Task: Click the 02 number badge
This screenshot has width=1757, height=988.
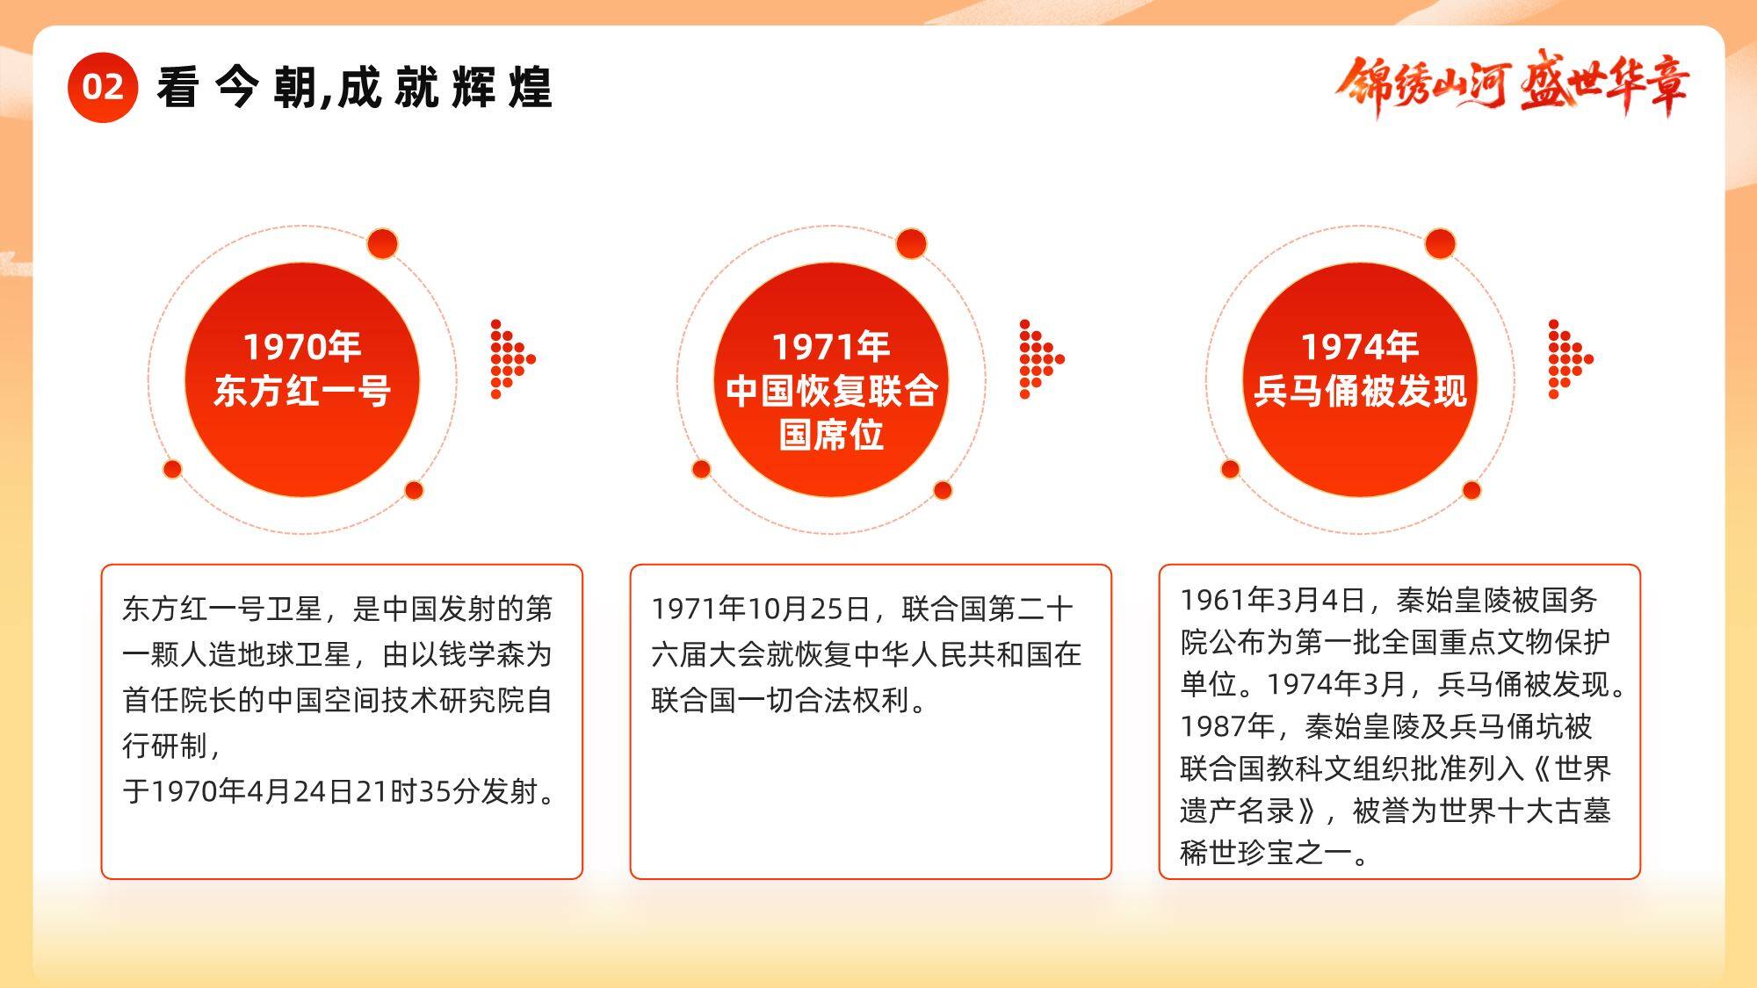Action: [x=103, y=87]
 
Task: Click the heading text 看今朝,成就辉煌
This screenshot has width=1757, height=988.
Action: [x=355, y=88]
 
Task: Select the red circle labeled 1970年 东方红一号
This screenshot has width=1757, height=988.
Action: [x=302, y=379]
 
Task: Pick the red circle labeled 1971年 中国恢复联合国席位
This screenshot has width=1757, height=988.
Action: [x=831, y=379]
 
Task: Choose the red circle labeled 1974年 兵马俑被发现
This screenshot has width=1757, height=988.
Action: [x=1360, y=379]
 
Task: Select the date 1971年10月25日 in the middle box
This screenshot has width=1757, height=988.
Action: [x=761, y=609]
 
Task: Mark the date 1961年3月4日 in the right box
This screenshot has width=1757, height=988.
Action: [x=1273, y=600]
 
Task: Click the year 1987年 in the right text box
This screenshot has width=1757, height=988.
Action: [x=1227, y=726]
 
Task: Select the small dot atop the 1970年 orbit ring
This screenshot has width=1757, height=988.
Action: [x=382, y=243]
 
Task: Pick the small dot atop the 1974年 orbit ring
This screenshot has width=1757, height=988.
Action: [x=1440, y=243]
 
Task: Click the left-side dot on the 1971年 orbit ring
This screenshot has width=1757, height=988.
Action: [x=701, y=469]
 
